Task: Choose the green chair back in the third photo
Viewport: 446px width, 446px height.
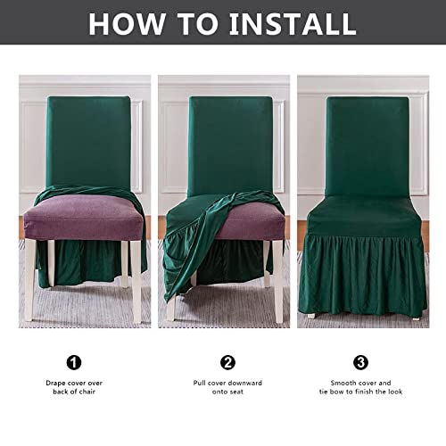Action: point(366,143)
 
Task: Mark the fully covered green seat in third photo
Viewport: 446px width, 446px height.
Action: point(366,214)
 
